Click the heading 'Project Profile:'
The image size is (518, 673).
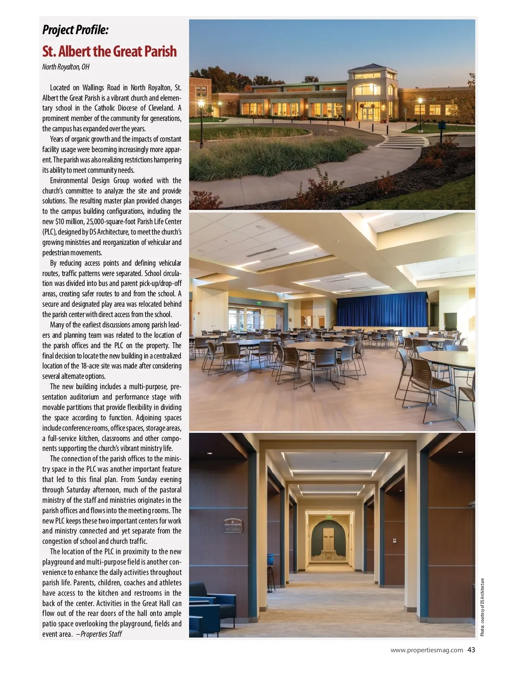(x=76, y=30)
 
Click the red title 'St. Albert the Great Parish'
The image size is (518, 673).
(x=110, y=51)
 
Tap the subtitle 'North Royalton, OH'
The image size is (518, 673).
(x=66, y=67)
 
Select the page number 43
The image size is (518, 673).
(x=471, y=650)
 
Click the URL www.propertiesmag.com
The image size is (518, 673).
(x=426, y=650)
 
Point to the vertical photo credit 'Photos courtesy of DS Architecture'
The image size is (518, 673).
(x=483, y=607)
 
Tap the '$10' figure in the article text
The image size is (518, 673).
(x=60, y=222)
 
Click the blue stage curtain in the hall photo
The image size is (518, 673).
(x=381, y=310)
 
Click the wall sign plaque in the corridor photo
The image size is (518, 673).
(x=233, y=525)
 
